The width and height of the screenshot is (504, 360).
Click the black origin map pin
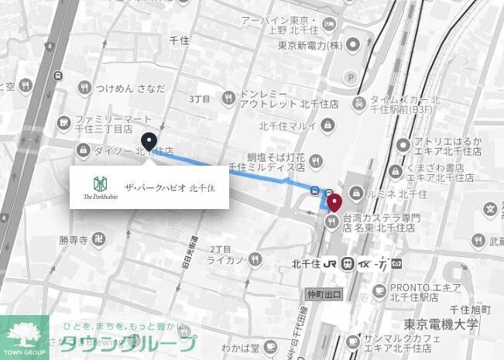click(149, 142)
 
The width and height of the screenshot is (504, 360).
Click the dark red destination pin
click(334, 203)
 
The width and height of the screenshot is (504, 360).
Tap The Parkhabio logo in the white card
click(99, 187)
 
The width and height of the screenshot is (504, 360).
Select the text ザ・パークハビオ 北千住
click(170, 187)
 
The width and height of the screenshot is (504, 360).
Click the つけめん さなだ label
click(130, 89)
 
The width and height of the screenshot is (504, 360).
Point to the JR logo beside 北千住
click(329, 262)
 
